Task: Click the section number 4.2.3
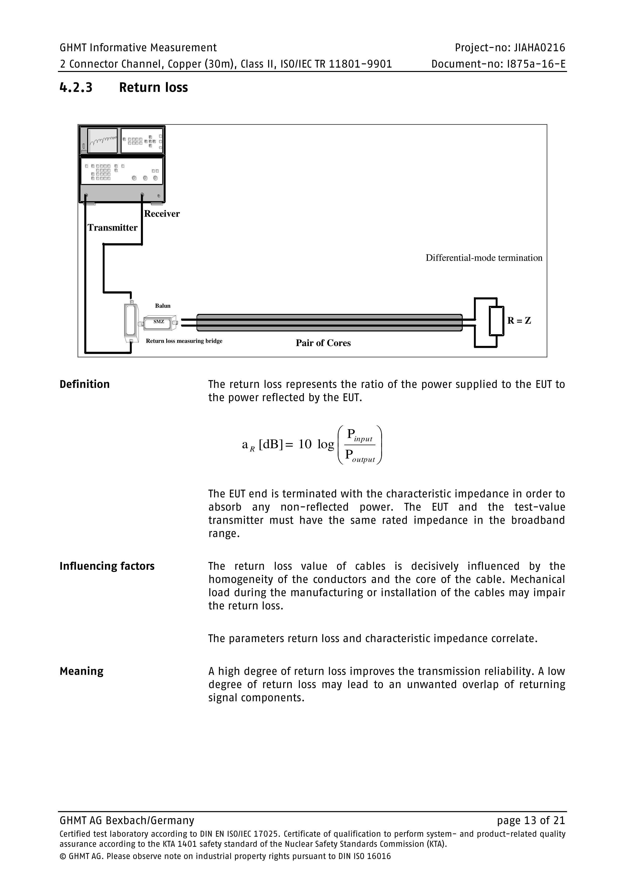point(76,88)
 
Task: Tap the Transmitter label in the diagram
point(112,228)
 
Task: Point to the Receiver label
point(162,214)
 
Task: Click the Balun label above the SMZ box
point(163,306)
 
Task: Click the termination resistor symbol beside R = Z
point(496,321)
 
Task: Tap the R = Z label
point(519,321)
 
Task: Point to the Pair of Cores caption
point(323,343)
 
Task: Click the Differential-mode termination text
point(484,258)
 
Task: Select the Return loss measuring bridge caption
point(184,341)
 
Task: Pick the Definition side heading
point(85,384)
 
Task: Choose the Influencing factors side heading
point(107,566)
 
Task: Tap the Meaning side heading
point(82,671)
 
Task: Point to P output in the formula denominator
point(360,456)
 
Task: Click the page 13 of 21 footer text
point(531,821)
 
